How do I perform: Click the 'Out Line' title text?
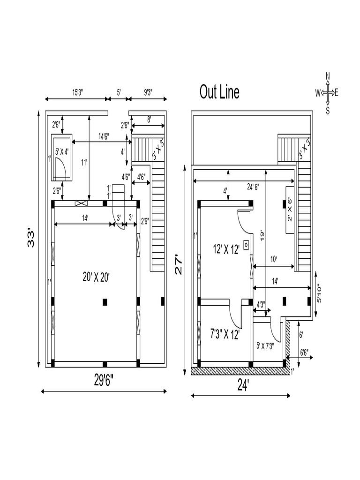219,92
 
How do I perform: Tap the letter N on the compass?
328,76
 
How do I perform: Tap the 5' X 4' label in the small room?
62,152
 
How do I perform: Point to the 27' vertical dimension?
180,270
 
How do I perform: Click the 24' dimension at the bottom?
242,385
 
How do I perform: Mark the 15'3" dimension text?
79,93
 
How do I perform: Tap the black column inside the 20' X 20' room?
105,302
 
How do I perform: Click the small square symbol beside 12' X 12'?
245,245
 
